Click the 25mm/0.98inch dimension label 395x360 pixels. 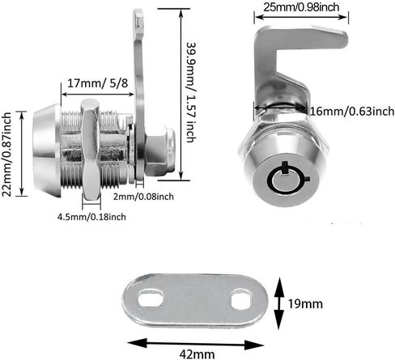coord(301,7)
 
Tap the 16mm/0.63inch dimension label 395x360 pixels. coord(352,111)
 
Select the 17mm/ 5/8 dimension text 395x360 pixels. coord(97,83)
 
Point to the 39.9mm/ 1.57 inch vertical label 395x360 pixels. coord(192,92)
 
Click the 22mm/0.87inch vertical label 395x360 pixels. coord(6,155)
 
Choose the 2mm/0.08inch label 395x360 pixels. coord(143,197)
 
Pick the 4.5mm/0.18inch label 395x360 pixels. coord(91,217)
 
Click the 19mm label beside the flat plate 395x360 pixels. coord(305,304)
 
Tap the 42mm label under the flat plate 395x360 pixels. coord(197,354)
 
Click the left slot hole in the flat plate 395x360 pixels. coord(151,298)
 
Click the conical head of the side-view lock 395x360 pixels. coord(47,150)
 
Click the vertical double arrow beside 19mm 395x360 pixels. coord(279,303)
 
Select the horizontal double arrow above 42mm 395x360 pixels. coord(195,344)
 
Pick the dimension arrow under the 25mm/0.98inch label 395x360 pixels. coord(301,17)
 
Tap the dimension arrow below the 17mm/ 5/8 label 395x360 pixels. coord(98,95)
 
